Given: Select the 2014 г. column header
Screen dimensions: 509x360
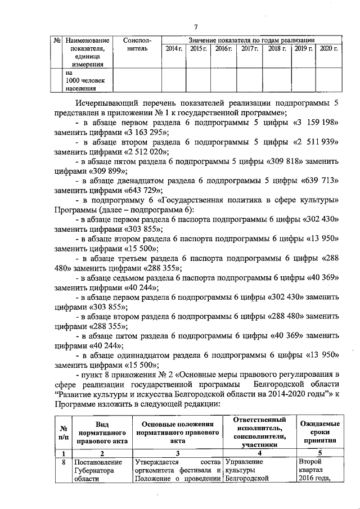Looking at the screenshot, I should tap(174, 49).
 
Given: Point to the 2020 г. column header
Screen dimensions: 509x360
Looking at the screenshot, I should tap(328, 49).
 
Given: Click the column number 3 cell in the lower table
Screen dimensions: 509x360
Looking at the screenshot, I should tap(177, 453).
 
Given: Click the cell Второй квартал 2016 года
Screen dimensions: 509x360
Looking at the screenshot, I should tap(319, 470).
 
